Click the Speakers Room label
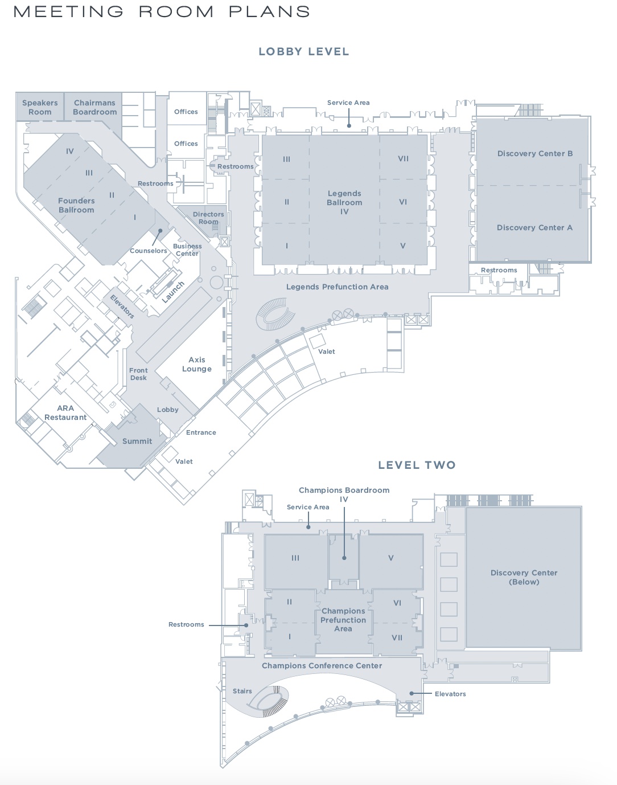40,107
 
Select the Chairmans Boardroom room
94,107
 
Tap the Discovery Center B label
534,153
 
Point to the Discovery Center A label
534,227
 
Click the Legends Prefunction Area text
337,287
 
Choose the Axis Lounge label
197,364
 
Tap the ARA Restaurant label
65,412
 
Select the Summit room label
137,441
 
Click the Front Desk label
138,374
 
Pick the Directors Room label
208,218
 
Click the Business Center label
187,250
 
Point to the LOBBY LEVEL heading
304,51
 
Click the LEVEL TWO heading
417,465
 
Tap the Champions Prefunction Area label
343,620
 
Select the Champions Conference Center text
322,665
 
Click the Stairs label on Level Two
242,691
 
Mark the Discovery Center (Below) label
524,577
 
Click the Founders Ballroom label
76,205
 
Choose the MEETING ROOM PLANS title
162,11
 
